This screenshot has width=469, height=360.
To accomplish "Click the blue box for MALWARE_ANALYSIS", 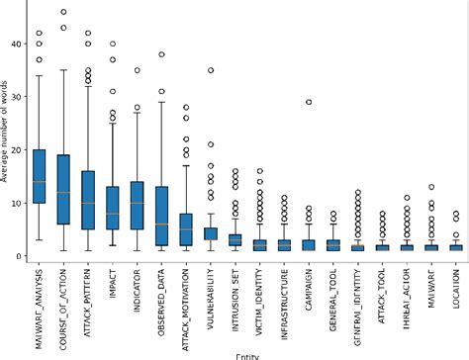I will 40,176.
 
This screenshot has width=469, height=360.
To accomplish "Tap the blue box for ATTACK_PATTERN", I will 87,200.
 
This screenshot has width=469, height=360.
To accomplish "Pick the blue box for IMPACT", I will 112,208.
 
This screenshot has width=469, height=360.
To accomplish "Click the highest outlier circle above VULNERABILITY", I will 210,70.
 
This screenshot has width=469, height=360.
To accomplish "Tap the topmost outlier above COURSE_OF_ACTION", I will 63,13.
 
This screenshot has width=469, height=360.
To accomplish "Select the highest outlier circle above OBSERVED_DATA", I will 161,54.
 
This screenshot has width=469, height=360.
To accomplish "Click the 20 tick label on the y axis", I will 14,149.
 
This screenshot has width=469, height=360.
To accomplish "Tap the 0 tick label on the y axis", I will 17,256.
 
